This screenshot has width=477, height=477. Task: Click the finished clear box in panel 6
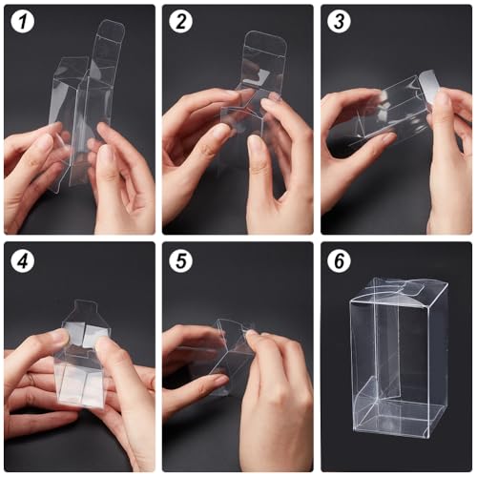point(398,363)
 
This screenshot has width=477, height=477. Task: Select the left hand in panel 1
point(33,176)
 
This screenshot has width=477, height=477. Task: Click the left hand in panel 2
point(196,143)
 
